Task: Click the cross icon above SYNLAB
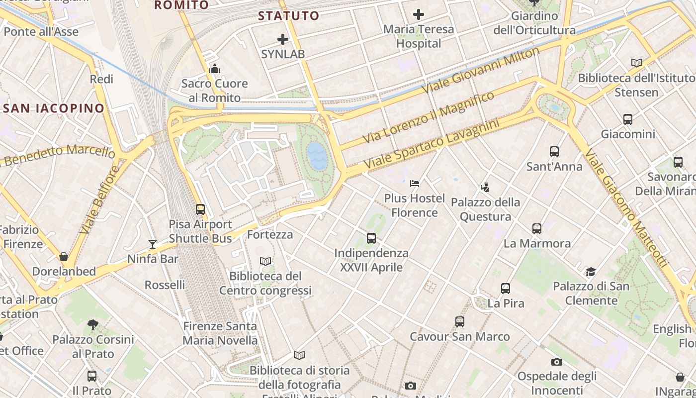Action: point(283,39)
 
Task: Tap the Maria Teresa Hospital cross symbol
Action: point(419,14)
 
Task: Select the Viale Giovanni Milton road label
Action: point(481,70)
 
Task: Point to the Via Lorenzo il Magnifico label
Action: point(429,117)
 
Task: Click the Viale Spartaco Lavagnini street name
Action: point(431,144)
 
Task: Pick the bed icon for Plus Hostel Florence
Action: point(415,184)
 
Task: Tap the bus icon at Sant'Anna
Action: point(554,152)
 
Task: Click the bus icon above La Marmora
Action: point(537,229)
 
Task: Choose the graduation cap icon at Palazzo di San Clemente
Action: point(591,272)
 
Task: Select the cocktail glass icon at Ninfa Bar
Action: point(153,244)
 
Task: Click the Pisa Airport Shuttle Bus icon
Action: point(200,209)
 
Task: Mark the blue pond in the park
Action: point(318,156)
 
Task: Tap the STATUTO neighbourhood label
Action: point(288,16)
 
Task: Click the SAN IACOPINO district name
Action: point(54,108)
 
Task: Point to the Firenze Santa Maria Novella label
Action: point(220,333)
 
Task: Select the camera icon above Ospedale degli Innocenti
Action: point(557,362)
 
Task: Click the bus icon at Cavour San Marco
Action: point(460,322)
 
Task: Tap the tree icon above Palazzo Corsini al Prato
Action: point(93,325)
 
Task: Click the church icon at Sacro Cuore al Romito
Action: point(215,69)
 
